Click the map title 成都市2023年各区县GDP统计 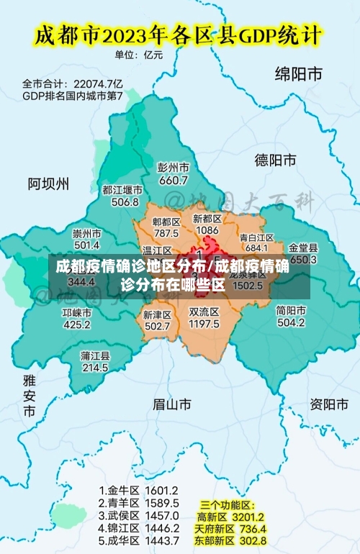(x=179, y=34)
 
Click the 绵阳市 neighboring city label (x=298, y=73)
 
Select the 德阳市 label (x=276, y=160)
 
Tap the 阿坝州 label (x=49, y=183)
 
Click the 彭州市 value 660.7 (x=173, y=180)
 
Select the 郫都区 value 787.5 (x=166, y=233)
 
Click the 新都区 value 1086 (x=207, y=230)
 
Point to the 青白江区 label (x=256, y=237)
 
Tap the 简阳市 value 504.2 (x=291, y=323)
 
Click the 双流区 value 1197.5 (x=204, y=324)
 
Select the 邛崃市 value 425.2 (x=77, y=324)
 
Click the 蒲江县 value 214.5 (x=95, y=368)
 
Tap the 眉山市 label (x=172, y=405)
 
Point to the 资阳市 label (x=328, y=404)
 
